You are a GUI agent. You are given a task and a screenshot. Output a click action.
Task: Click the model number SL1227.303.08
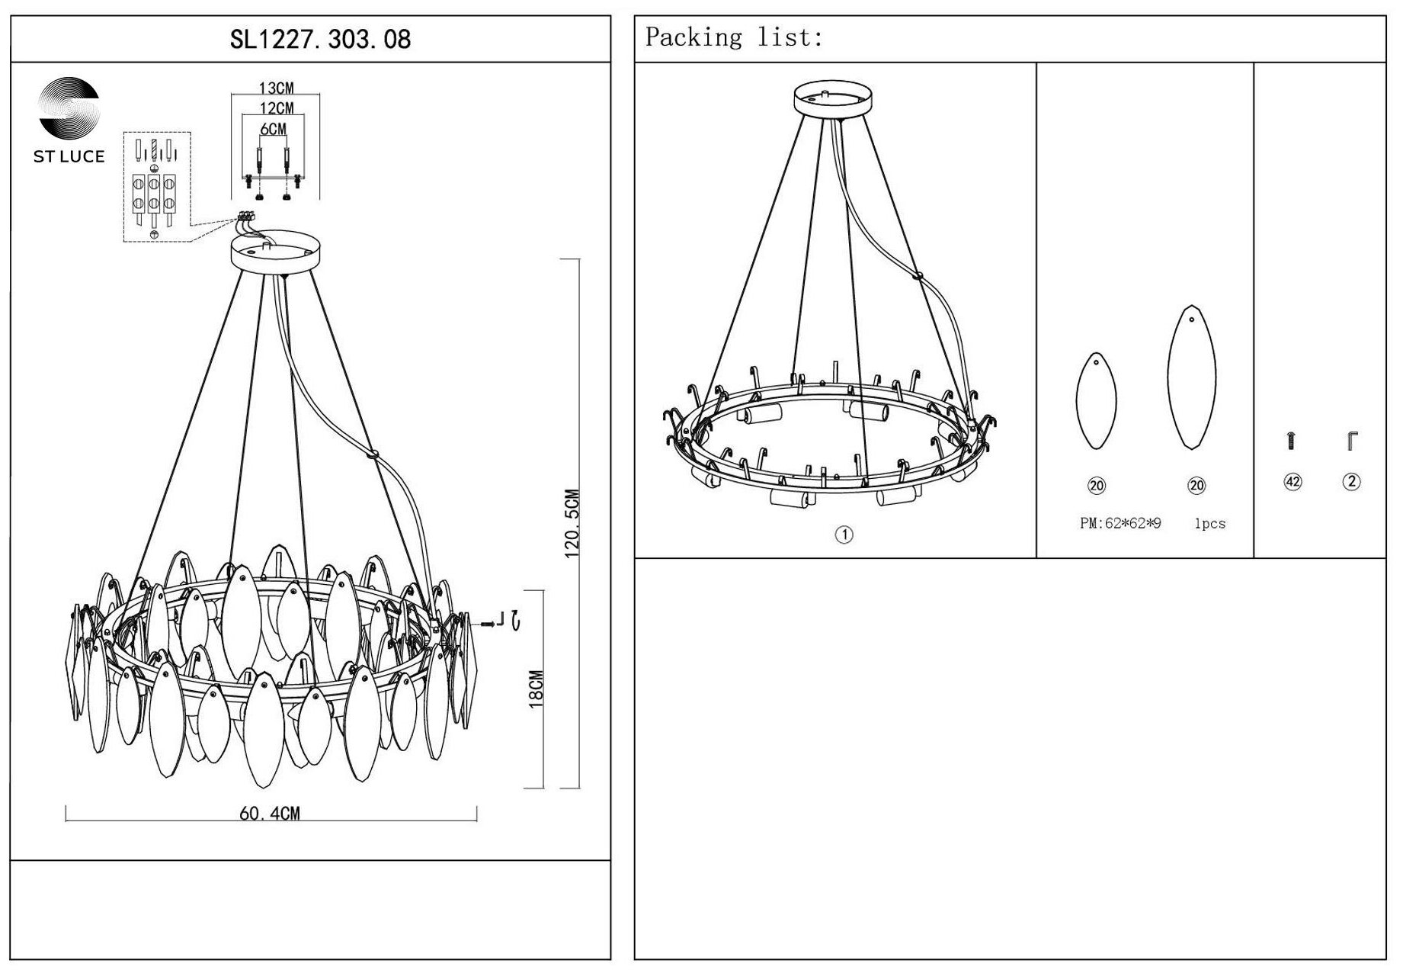320,39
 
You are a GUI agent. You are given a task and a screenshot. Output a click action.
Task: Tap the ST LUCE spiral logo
69,108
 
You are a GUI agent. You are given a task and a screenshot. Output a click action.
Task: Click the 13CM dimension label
276,88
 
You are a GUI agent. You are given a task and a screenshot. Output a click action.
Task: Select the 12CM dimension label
276,108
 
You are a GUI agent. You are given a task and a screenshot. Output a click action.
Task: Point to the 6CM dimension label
273,129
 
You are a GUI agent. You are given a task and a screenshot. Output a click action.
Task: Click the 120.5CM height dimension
572,524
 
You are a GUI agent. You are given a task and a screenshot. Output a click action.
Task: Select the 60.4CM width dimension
270,814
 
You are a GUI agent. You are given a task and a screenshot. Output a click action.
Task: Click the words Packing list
734,37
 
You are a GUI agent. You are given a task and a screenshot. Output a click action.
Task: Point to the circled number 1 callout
844,535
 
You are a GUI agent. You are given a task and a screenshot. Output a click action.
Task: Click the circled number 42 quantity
1292,482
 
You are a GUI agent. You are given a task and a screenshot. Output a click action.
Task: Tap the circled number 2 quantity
1351,481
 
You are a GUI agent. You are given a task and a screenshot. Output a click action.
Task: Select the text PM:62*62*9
1120,524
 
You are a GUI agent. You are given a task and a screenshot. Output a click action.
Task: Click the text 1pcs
1209,524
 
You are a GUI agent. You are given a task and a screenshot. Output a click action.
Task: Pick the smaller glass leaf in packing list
1096,400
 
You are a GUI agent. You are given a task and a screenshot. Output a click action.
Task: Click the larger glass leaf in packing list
1191,377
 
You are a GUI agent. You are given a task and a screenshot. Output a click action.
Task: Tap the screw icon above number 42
1291,440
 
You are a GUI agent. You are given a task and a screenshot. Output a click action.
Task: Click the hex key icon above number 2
1353,440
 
